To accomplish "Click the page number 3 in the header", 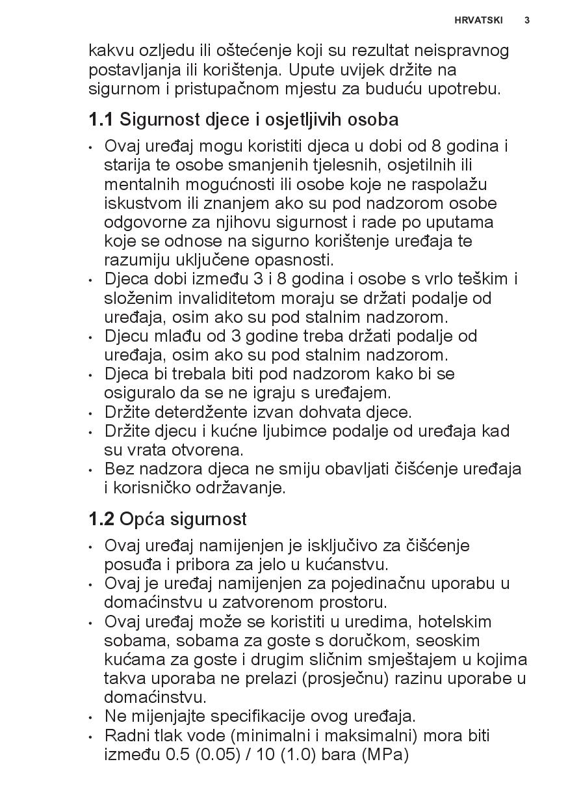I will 526,20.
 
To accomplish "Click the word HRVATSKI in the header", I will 479,20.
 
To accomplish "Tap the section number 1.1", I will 101,120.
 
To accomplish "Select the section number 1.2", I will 101,519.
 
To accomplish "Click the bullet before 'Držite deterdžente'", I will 91,413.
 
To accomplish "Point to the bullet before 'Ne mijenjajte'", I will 91,718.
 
